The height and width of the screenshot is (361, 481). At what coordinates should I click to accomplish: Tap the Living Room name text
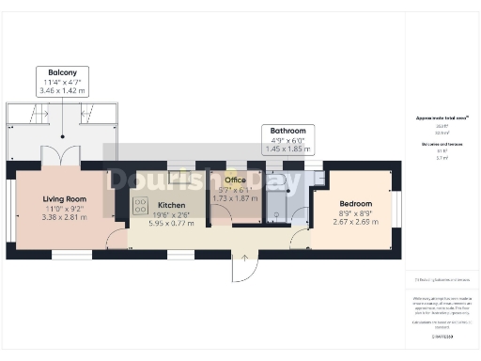pos(65,198)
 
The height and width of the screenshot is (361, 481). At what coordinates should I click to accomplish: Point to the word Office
pos(234,178)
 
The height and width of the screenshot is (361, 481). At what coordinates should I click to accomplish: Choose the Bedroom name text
pos(354,203)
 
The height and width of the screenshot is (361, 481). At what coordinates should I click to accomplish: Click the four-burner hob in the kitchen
pos(142,206)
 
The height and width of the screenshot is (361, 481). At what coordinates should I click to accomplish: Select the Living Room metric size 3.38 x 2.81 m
pos(65,217)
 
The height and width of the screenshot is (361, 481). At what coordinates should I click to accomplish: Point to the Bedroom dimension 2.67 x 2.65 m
pos(354,222)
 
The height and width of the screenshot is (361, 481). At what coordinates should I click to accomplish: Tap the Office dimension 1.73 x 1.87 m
pos(234,198)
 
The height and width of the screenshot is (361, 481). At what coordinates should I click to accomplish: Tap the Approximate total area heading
pos(442,118)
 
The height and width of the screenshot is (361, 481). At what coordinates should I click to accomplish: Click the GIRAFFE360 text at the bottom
pos(442,335)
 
